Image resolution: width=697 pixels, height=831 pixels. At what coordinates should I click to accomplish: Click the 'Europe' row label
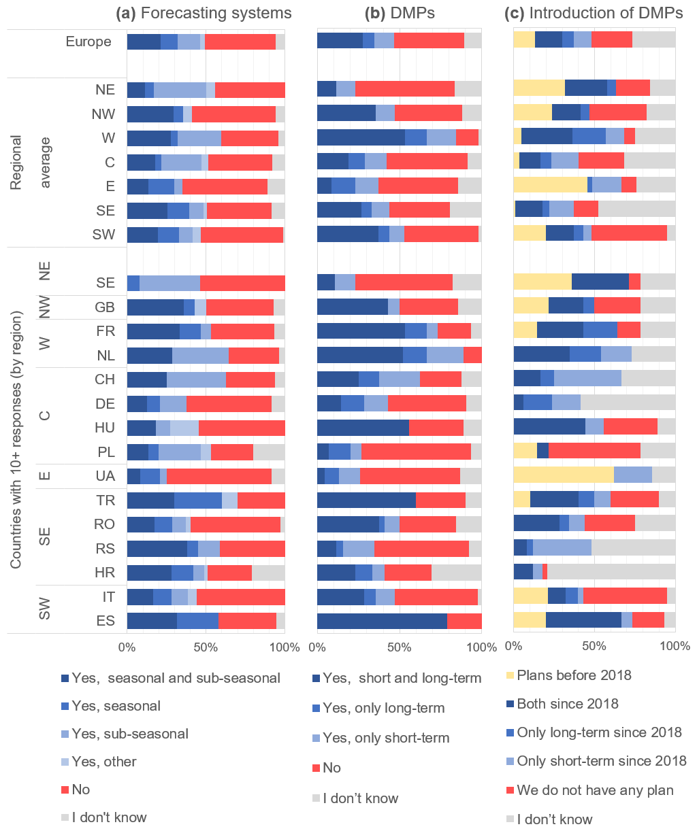pyautogui.click(x=88, y=41)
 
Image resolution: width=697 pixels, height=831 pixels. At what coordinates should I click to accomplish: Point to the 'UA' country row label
pyautogui.click(x=105, y=476)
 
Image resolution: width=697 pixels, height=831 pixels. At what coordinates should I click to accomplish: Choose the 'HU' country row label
pyautogui.click(x=105, y=428)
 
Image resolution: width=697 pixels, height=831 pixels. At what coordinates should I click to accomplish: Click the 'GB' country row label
pyautogui.click(x=105, y=307)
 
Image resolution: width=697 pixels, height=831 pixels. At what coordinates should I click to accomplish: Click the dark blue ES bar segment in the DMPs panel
pyautogui.click(x=382, y=621)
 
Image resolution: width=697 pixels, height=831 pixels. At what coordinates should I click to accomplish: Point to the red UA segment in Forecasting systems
pyautogui.click(x=218, y=476)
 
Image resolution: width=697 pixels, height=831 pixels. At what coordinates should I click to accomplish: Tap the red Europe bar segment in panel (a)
pyautogui.click(x=240, y=41)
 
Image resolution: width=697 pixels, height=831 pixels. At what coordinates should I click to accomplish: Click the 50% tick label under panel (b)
pyautogui.click(x=400, y=647)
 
